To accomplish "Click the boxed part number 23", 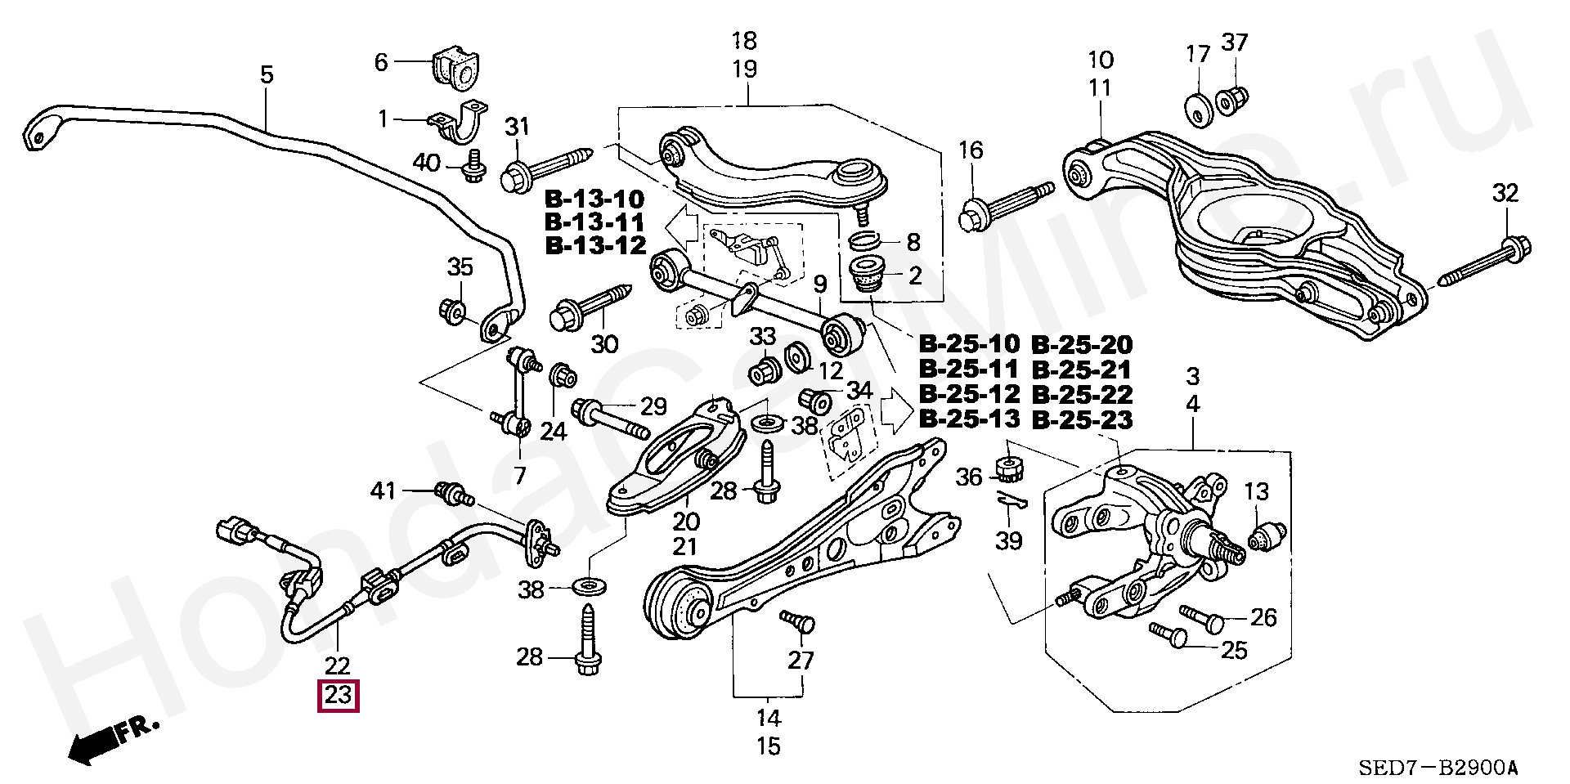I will (x=339, y=696).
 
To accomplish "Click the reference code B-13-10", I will (x=594, y=199).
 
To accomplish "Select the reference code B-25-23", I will (x=1082, y=419).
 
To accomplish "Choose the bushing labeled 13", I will (x=1268, y=535).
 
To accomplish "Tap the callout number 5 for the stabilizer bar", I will (x=267, y=75).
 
